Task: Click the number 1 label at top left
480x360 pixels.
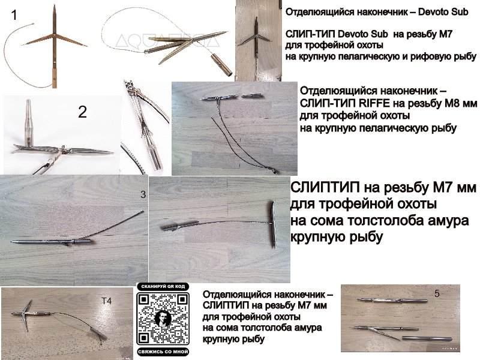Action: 13,14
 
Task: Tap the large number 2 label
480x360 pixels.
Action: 82,112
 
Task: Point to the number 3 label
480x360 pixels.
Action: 143,194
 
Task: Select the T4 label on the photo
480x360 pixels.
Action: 106,301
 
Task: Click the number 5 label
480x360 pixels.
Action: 437,293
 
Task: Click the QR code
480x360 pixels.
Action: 163,319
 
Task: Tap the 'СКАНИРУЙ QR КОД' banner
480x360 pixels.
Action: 163,287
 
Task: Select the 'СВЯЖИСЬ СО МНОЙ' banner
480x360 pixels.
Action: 163,352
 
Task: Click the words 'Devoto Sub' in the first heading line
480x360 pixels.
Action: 443,12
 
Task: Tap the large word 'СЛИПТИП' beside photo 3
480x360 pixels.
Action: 325,187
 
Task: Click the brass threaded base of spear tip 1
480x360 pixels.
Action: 55,79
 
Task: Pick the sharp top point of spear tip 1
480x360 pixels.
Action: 54,5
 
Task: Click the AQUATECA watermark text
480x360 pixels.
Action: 167,41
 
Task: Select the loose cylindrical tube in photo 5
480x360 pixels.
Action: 427,338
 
